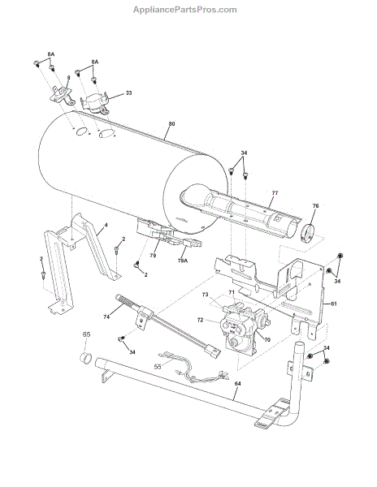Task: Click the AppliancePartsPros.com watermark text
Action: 185,10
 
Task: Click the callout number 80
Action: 172,123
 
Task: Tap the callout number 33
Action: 128,93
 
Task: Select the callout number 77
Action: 275,193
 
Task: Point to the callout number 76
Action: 315,205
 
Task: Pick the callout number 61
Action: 333,304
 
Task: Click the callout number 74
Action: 106,317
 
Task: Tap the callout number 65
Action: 86,334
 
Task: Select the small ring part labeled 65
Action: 86,357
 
